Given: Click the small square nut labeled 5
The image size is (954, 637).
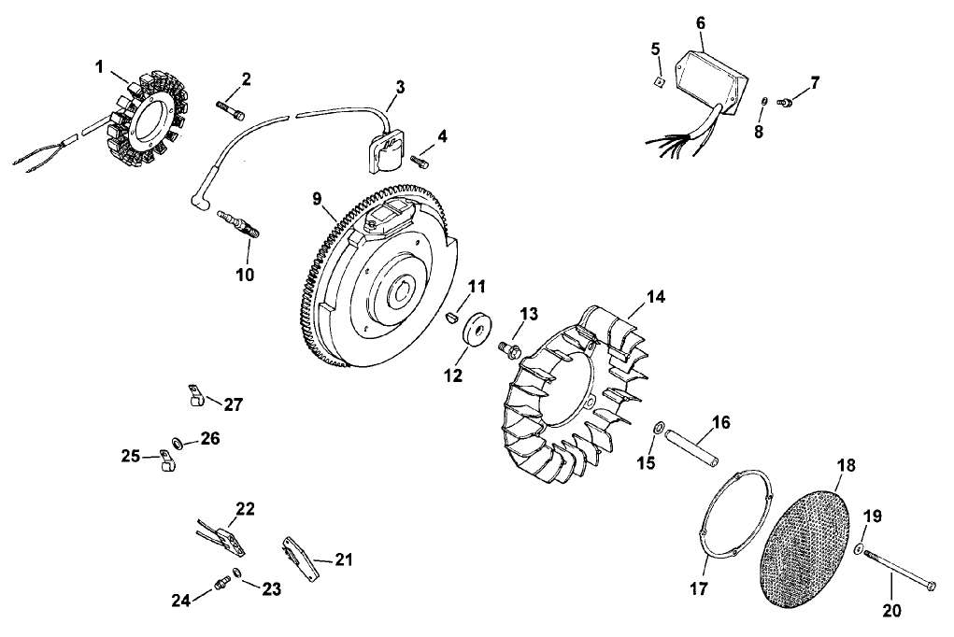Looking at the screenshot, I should point(658,81).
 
